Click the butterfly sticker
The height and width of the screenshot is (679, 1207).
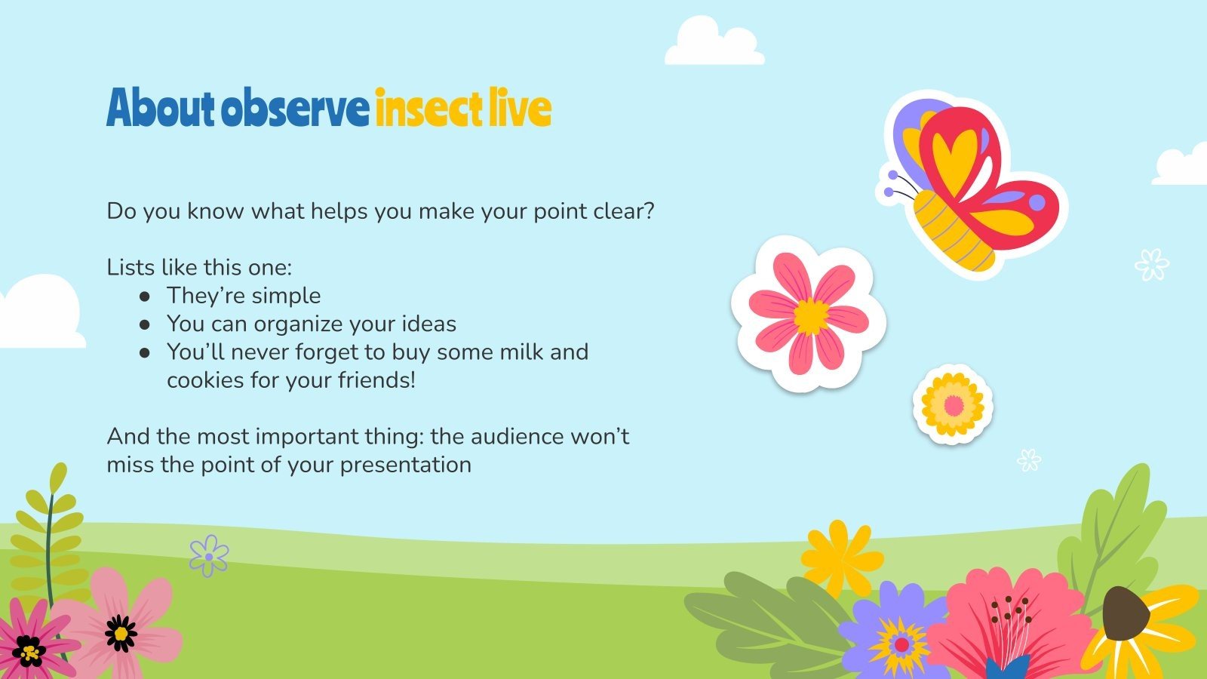(x=973, y=185)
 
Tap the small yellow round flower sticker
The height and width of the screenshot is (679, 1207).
(x=953, y=405)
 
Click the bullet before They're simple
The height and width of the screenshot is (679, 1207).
(x=144, y=296)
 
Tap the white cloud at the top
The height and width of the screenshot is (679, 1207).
(x=713, y=44)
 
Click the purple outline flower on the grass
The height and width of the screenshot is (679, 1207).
(x=209, y=556)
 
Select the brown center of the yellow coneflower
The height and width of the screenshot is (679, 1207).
(x=1126, y=613)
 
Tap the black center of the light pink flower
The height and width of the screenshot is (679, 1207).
(x=121, y=633)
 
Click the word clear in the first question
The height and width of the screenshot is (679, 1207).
(x=620, y=211)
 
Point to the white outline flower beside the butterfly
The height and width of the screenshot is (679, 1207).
(x=1151, y=264)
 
